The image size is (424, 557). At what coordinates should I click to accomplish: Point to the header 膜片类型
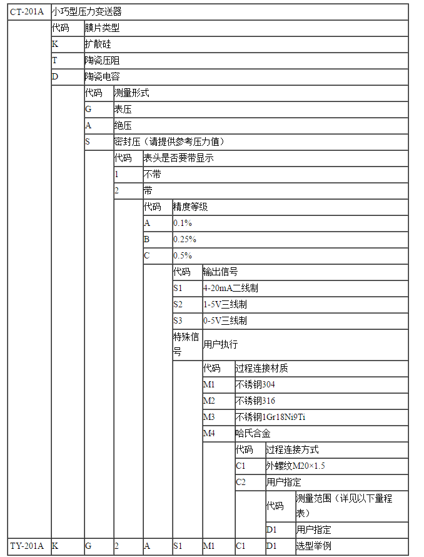pyautogui.click(x=102, y=28)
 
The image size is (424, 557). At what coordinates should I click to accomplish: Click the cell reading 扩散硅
pyautogui.click(x=98, y=44)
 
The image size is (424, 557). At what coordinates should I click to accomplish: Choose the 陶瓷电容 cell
pyautogui.click(x=102, y=77)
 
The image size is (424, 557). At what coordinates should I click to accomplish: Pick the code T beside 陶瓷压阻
pyautogui.click(x=55, y=61)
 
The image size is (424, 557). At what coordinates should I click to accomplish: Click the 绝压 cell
pyautogui.click(x=123, y=125)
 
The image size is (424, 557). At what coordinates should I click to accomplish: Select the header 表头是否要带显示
pyautogui.click(x=178, y=158)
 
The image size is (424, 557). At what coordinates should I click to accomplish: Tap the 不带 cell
pyautogui.click(x=152, y=175)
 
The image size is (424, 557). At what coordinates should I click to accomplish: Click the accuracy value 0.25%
pyautogui.click(x=184, y=240)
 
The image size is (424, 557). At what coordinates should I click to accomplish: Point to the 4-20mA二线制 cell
pyautogui.click(x=230, y=288)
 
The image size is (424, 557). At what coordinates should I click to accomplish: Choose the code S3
pyautogui.click(x=178, y=320)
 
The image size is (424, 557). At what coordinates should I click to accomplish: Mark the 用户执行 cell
pyautogui.click(x=220, y=344)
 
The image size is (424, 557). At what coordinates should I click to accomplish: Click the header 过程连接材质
pyautogui.click(x=261, y=368)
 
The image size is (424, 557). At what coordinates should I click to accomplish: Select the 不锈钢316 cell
pyautogui.click(x=255, y=401)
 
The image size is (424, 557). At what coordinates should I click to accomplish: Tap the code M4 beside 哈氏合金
pyautogui.click(x=209, y=433)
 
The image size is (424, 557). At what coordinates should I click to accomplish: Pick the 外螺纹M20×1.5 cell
pyautogui.click(x=296, y=466)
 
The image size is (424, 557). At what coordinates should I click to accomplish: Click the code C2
pyautogui.click(x=241, y=482)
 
